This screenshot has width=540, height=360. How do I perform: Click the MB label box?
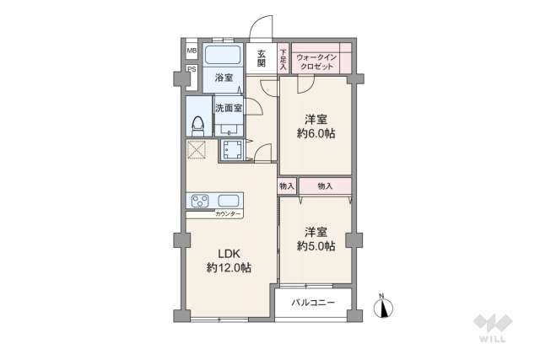[x=192, y=50]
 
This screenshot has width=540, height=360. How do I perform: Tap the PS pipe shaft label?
[x=192, y=69]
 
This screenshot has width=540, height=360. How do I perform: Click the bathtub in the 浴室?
[x=224, y=56]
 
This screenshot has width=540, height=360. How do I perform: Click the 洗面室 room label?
[x=228, y=108]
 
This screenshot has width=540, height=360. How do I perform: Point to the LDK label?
[x=229, y=253]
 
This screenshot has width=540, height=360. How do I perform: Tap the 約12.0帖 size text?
[x=229, y=268]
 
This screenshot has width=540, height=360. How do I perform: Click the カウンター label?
[x=228, y=214]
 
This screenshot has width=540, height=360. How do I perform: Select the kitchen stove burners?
[x=201, y=201]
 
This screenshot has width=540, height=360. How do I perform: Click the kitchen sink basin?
[x=229, y=201]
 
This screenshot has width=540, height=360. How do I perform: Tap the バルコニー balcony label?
[x=313, y=303]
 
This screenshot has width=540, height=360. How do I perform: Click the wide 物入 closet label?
[x=325, y=185]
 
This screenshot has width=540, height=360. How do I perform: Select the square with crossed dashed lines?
[x=197, y=150]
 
